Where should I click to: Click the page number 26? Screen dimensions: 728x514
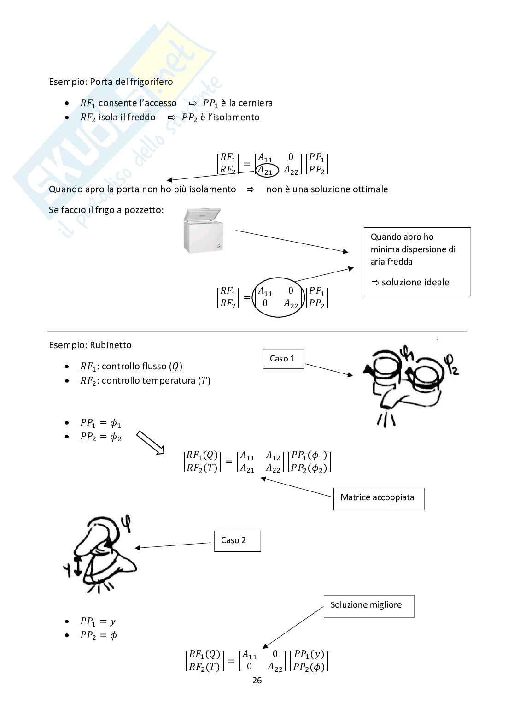257,681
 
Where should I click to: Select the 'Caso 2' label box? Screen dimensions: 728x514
237,541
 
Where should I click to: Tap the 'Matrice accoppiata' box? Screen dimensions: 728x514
378,498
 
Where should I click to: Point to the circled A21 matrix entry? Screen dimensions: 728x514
266,171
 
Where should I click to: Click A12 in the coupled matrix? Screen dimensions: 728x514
273,456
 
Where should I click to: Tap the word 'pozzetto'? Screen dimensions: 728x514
144,210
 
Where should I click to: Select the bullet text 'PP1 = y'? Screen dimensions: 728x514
98,621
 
